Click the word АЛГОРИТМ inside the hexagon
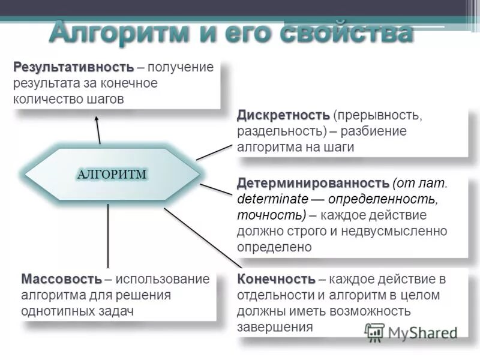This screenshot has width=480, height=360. coord(112,174)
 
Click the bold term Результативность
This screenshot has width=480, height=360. coord(73,66)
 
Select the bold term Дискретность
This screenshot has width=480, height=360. coord(283,115)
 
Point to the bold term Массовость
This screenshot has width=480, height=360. coord(61,279)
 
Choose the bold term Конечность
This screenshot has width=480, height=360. coord(276,279)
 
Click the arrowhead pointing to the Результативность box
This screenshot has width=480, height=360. coord(97,122)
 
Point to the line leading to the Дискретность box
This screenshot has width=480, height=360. coord(214,152)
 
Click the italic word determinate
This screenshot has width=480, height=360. coord(273,198)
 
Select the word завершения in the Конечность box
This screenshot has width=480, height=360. coord(275,328)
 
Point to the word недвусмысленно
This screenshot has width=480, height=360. coord(396,230)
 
